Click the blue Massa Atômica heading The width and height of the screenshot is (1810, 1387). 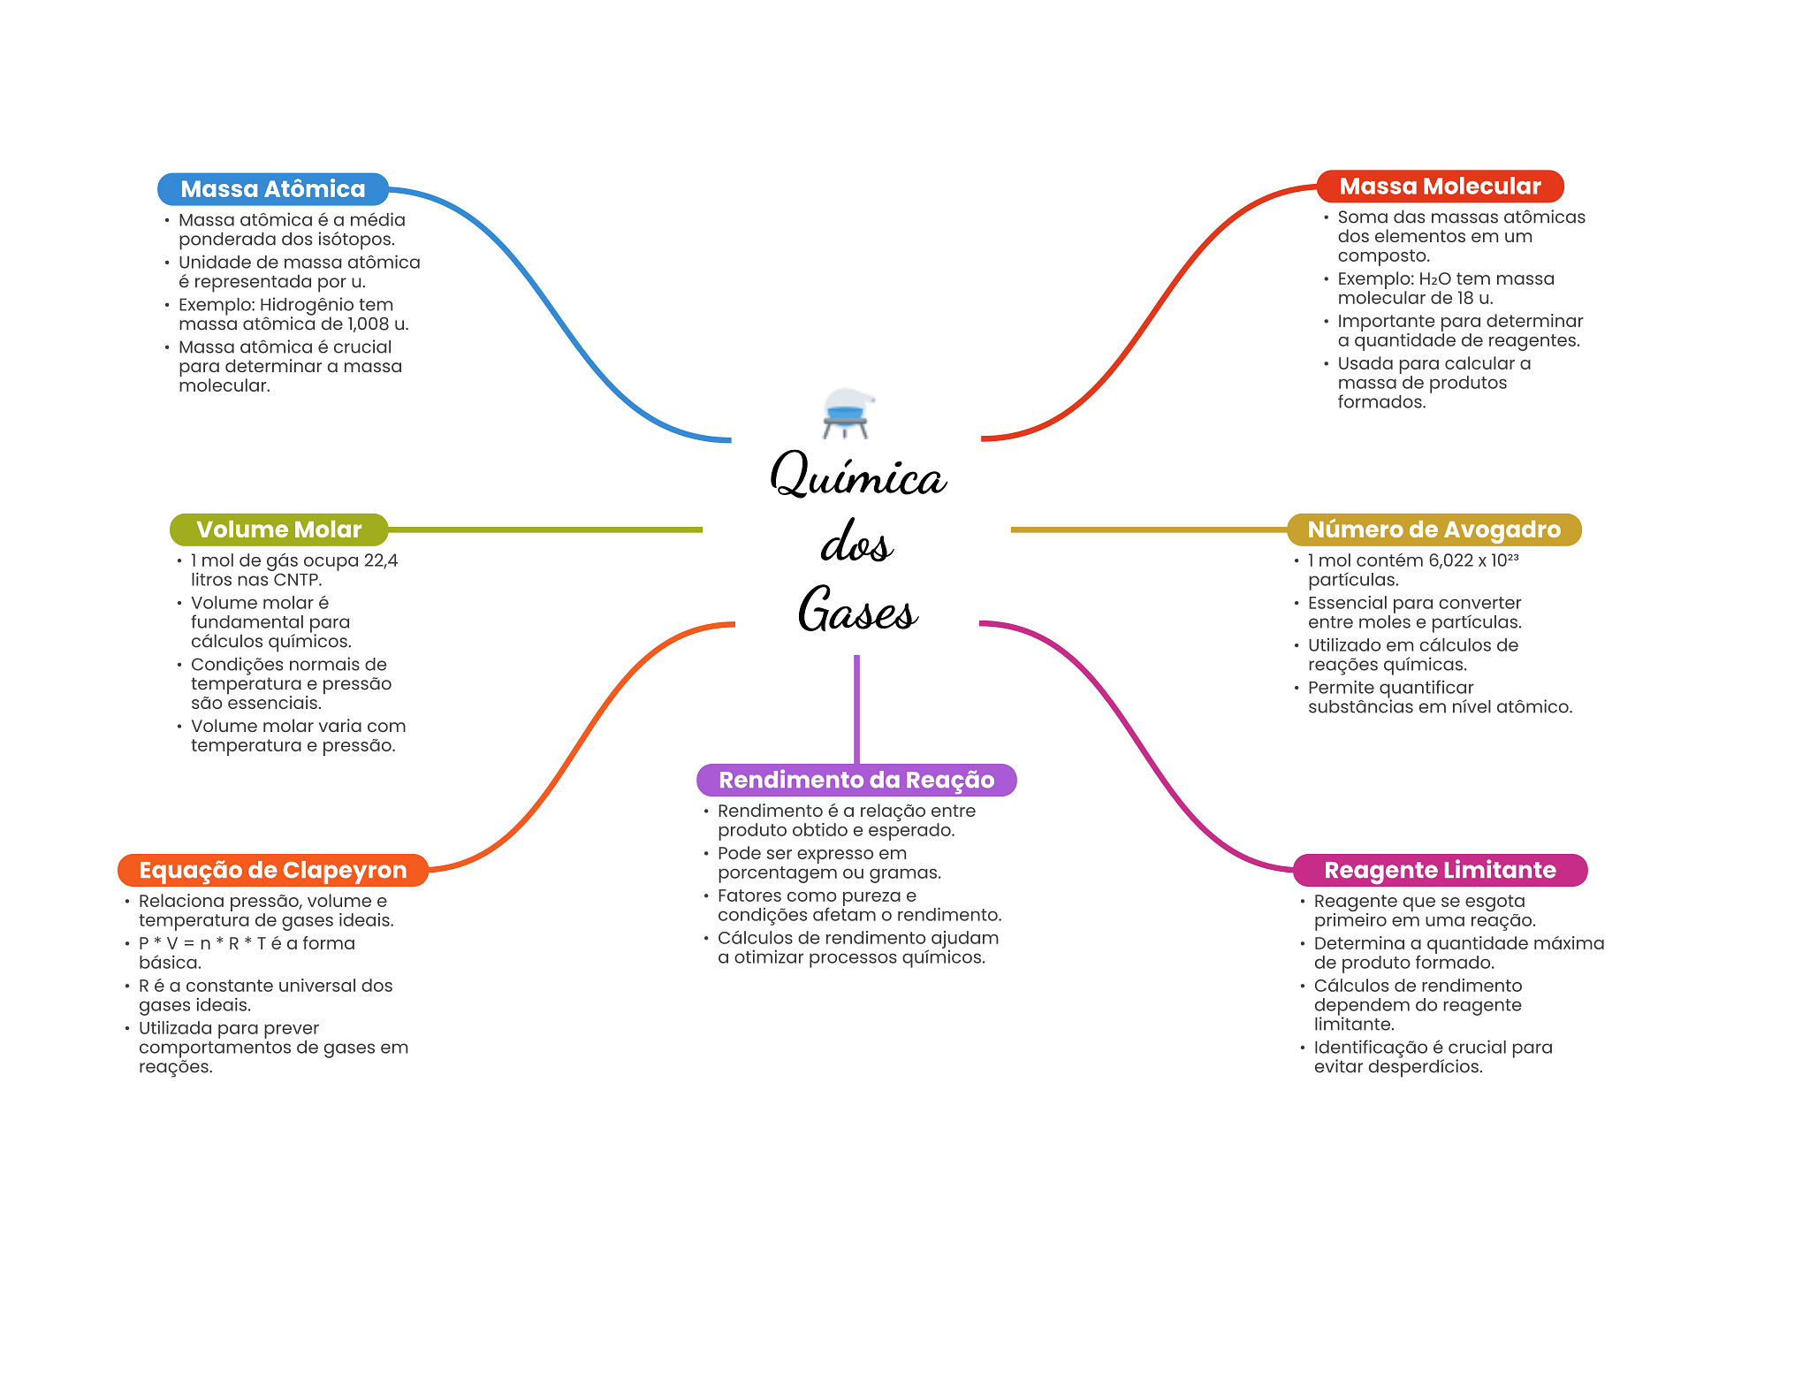point(272,189)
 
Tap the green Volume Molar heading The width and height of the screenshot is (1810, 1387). point(278,530)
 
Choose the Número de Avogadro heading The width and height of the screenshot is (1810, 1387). point(1433,530)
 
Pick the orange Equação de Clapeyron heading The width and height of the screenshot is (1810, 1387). point(272,870)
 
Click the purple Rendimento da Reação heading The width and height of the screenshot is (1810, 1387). point(856,780)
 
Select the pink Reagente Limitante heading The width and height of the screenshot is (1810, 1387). point(1439,870)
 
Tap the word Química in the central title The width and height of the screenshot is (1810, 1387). point(857,476)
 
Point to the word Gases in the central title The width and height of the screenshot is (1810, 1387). point(857,610)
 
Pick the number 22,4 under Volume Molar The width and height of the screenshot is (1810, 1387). point(381,560)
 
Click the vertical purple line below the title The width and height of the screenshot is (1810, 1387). point(856,707)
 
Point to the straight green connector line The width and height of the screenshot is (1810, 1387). point(544,530)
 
